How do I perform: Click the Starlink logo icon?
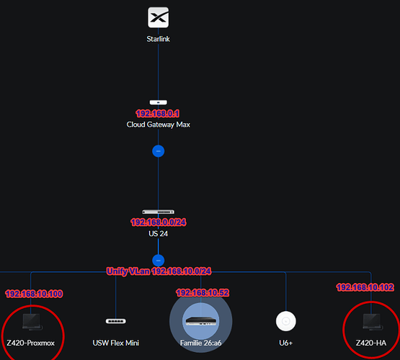coord(158,17)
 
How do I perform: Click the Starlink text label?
coord(158,39)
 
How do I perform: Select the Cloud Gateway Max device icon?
coord(158,102)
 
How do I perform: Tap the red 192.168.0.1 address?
coord(158,113)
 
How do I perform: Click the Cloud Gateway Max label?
coord(158,125)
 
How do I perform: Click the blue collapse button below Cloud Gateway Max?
coord(158,151)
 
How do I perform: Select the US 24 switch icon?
coord(158,212)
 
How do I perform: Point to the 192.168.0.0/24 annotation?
coord(159,222)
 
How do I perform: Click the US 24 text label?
coord(158,233)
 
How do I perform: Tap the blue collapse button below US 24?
coord(158,261)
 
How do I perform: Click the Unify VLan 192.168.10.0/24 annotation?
coord(159,271)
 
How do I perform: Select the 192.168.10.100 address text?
coord(34,294)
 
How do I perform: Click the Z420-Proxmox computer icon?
coord(32,322)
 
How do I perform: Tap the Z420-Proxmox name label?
coord(30,343)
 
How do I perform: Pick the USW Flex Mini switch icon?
coord(116,321)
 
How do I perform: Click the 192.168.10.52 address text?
coord(203,293)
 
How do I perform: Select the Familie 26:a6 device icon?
coord(201,321)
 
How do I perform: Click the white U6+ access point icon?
coord(286,321)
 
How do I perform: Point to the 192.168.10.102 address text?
coord(365,287)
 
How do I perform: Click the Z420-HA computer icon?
coord(373,322)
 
